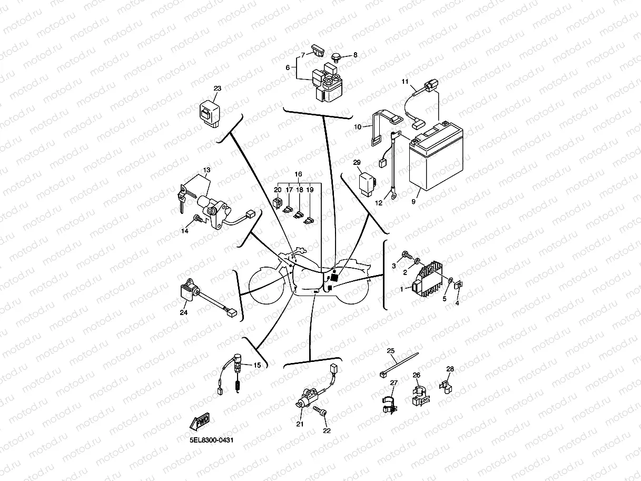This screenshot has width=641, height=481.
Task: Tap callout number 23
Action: (218, 89)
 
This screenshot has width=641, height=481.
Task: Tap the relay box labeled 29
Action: (367, 184)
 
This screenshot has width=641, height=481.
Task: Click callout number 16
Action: (298, 174)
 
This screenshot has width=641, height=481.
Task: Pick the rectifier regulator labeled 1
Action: (431, 279)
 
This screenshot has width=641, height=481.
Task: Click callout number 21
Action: (300, 424)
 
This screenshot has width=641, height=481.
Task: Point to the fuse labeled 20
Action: (278, 201)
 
